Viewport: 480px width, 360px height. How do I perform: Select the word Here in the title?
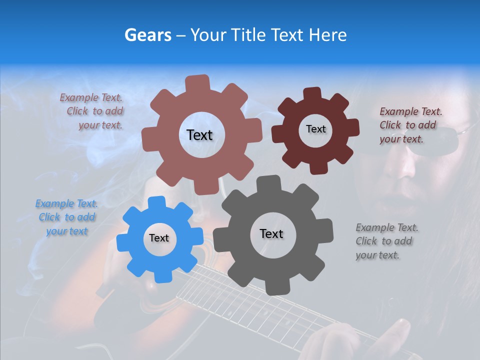point(328,35)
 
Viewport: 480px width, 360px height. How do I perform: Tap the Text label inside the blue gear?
point(159,238)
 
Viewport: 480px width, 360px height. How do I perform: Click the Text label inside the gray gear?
point(271,234)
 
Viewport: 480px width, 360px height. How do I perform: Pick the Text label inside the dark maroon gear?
point(315,129)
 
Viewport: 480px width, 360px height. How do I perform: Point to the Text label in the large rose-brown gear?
point(199,135)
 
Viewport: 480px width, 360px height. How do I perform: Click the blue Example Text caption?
point(66,217)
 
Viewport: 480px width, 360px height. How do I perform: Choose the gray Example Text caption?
point(386,241)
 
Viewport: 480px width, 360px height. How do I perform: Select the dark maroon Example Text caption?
point(410,125)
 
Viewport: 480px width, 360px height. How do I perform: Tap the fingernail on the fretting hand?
point(403,327)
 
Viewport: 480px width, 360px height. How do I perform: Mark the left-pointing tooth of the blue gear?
point(122,243)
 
